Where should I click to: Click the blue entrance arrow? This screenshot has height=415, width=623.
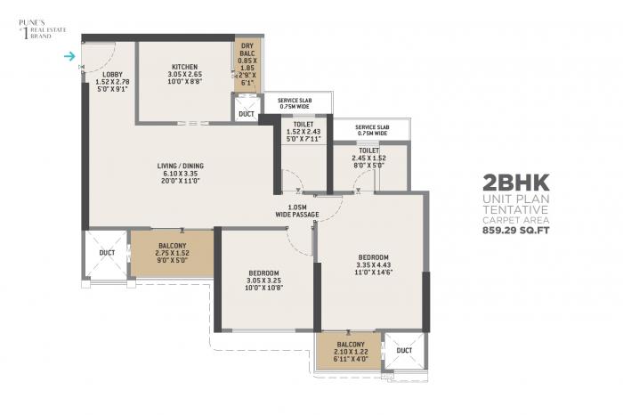[x=70, y=58]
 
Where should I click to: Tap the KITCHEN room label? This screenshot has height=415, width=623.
[x=184, y=67]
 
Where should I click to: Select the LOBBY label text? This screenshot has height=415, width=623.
[x=112, y=74]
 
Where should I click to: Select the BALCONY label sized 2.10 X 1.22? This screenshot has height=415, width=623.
[x=351, y=344]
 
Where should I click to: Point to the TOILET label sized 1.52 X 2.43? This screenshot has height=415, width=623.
[x=303, y=125]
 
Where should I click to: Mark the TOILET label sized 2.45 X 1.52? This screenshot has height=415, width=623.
[x=369, y=151]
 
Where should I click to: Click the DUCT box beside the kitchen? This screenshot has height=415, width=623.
[x=247, y=114]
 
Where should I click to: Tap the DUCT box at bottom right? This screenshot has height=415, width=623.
[x=404, y=350]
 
